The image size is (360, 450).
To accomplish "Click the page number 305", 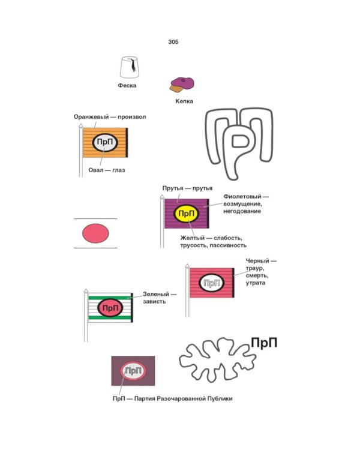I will pos(173,42).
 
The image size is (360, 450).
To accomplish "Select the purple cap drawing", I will pos(181,83).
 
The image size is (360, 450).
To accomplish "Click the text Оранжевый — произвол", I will pos(110,117).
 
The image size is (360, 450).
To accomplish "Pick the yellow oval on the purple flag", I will pos(187,214).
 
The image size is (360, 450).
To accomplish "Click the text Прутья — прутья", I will pos(188,188).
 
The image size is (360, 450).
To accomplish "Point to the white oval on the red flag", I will pos(210,282).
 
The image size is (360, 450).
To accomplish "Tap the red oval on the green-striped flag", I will pos(110,308).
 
